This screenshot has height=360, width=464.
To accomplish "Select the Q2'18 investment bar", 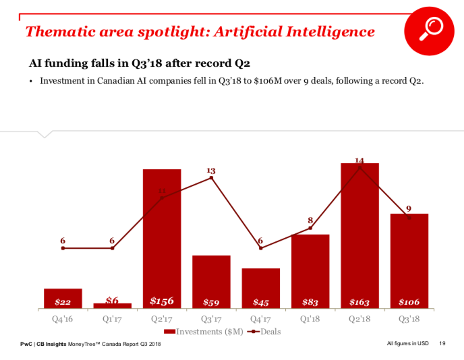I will click(x=359, y=235).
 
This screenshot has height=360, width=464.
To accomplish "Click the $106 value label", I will click(x=409, y=302).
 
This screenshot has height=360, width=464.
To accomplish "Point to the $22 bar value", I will click(x=63, y=302).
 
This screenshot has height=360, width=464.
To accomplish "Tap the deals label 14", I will click(x=359, y=160).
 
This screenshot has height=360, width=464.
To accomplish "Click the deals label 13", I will click(x=211, y=171).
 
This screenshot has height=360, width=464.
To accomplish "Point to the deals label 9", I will click(x=409, y=208).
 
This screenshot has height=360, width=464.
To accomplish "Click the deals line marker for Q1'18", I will click(x=310, y=229).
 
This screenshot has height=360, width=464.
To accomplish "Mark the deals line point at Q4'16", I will click(x=63, y=248).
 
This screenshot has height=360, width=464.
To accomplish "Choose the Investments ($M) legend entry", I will click(x=202, y=332).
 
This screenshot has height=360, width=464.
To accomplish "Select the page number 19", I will click(x=442, y=344).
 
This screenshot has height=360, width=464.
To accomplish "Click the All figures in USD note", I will click(x=408, y=344).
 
